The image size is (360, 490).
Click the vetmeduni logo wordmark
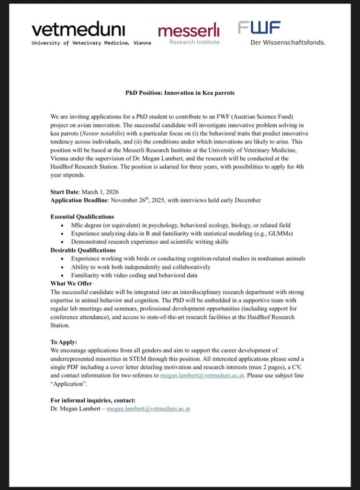(x=79, y=30)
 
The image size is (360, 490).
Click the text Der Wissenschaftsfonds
(x=288, y=42)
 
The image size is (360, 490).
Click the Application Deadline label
(x=79, y=200)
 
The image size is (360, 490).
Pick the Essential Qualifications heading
(x=82, y=216)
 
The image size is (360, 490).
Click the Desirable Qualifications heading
(x=83, y=250)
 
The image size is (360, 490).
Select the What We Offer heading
(x=71, y=283)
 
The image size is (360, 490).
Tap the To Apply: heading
(x=64, y=342)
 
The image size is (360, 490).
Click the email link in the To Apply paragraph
(x=202, y=376)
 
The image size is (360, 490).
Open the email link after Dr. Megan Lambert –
(x=148, y=409)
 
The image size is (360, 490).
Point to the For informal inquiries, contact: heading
(x=93, y=401)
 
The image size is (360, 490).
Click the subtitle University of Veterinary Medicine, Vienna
(x=91, y=43)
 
